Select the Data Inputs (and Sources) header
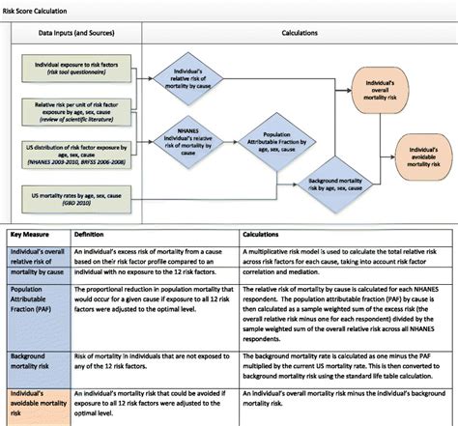tap(78, 31)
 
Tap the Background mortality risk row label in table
tap(36, 362)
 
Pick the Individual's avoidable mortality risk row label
tap(38, 404)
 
